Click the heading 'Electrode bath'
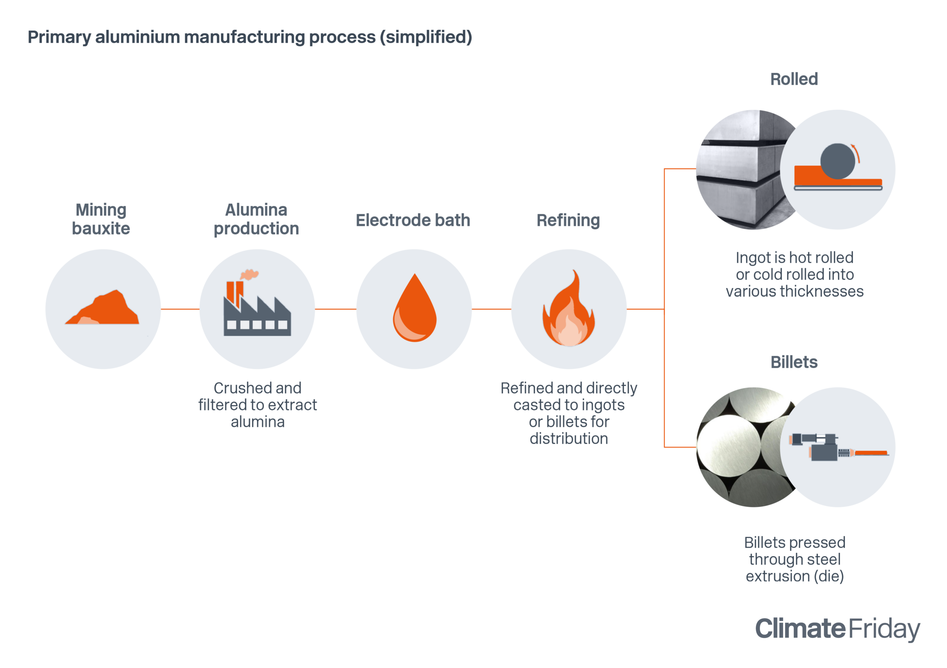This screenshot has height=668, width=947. [x=413, y=220]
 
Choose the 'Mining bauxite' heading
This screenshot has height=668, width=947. [x=101, y=219]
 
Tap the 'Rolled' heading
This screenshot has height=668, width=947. [x=794, y=79]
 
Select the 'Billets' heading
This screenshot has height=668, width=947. [x=794, y=362]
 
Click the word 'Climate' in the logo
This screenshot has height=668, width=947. [x=800, y=628]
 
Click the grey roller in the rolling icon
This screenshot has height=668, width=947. [x=837, y=161]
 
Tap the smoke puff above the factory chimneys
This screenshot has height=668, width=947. [x=250, y=274]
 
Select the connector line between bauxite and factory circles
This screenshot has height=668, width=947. [x=180, y=309]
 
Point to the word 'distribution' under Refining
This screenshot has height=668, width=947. [x=569, y=439]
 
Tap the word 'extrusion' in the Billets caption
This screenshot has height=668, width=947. [x=778, y=576]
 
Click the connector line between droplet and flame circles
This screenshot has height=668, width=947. [x=491, y=309]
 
